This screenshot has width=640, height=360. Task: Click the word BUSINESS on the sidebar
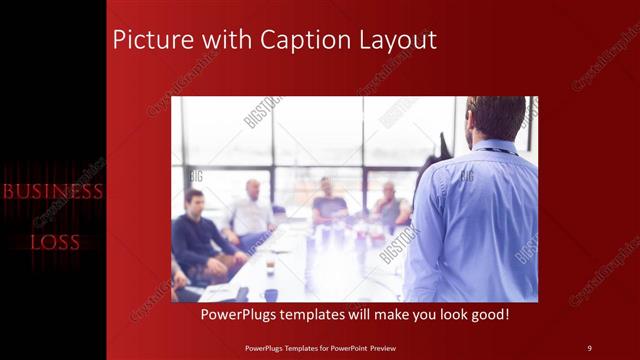click(x=53, y=191)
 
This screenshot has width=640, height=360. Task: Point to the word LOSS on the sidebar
click(x=55, y=242)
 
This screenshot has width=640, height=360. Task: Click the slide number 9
click(x=589, y=347)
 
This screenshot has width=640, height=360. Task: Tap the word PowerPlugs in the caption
click(x=241, y=315)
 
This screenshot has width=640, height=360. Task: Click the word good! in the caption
click(x=488, y=315)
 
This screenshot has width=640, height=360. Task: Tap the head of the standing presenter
click(x=495, y=118)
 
